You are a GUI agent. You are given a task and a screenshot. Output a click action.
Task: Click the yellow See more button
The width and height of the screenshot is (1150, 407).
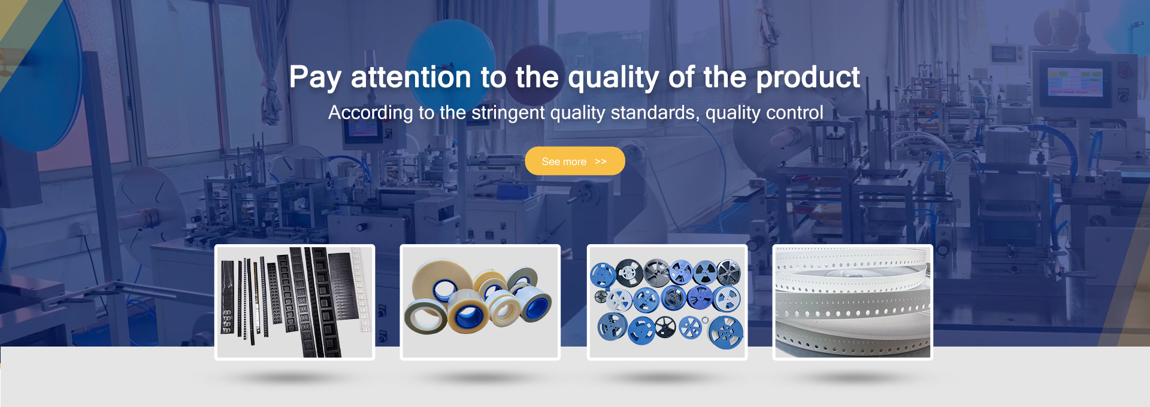[x=575, y=161]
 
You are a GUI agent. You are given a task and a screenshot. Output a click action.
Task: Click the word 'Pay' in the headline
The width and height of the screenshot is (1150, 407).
[x=315, y=78]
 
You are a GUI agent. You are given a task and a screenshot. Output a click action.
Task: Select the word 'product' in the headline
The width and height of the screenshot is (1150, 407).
[x=808, y=78]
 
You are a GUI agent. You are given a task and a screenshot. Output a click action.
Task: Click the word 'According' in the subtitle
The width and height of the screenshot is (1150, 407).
[x=371, y=113]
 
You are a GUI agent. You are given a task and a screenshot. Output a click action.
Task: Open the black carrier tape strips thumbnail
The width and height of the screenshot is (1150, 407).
[x=295, y=302]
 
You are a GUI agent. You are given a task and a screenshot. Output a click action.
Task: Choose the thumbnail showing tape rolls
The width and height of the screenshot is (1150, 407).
[x=480, y=302]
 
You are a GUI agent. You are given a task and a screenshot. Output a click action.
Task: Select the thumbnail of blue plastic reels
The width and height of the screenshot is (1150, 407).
[x=667, y=302]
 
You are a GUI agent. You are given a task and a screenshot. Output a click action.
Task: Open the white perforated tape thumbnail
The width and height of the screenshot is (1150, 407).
[x=853, y=302]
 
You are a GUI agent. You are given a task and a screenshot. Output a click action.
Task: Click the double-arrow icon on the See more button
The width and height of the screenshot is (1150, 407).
[x=601, y=162]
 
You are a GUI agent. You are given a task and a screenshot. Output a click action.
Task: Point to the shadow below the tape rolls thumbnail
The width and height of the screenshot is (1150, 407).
[x=479, y=377]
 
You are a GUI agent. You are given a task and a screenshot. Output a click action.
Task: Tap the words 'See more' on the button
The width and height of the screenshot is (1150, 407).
[x=564, y=162]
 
